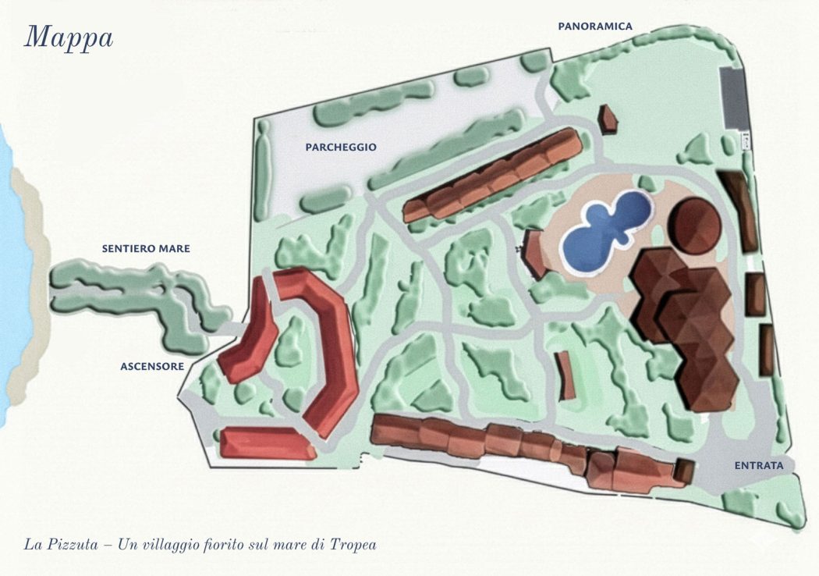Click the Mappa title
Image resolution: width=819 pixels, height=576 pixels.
click(x=69, y=37)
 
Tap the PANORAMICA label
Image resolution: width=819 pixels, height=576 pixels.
click(x=594, y=26)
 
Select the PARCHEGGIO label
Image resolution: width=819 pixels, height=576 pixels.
click(x=341, y=147)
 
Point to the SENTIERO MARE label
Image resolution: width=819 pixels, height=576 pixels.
click(x=146, y=249)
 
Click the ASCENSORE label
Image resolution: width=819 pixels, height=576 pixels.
click(x=152, y=365)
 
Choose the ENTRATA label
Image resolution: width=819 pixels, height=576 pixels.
click(x=758, y=466)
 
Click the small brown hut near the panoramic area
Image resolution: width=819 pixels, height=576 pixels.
click(x=608, y=119)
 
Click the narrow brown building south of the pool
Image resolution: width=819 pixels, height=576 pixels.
click(x=567, y=375)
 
